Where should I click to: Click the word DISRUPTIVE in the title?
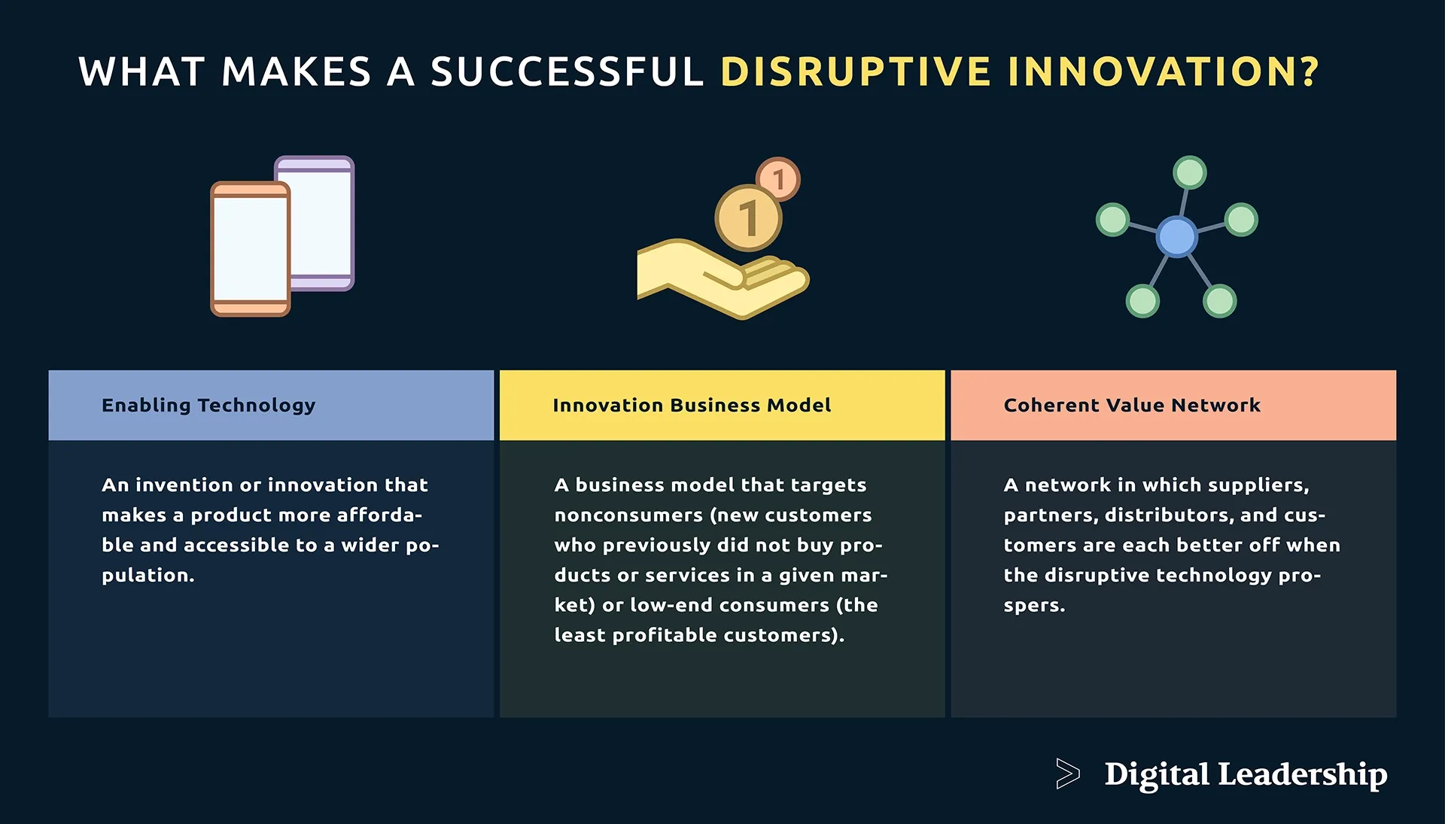(x=855, y=71)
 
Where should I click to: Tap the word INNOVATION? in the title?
(x=1163, y=71)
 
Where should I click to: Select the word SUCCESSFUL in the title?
(x=567, y=71)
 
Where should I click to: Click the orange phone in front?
(x=250, y=249)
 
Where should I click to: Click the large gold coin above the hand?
(x=747, y=218)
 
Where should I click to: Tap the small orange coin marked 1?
(x=778, y=178)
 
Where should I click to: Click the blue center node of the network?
(x=1176, y=236)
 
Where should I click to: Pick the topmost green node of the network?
(x=1190, y=172)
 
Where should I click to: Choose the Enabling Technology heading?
(x=208, y=406)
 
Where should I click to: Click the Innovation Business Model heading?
(x=692, y=406)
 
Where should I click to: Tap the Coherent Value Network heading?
(x=1132, y=406)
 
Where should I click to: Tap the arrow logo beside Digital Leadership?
(x=1067, y=774)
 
